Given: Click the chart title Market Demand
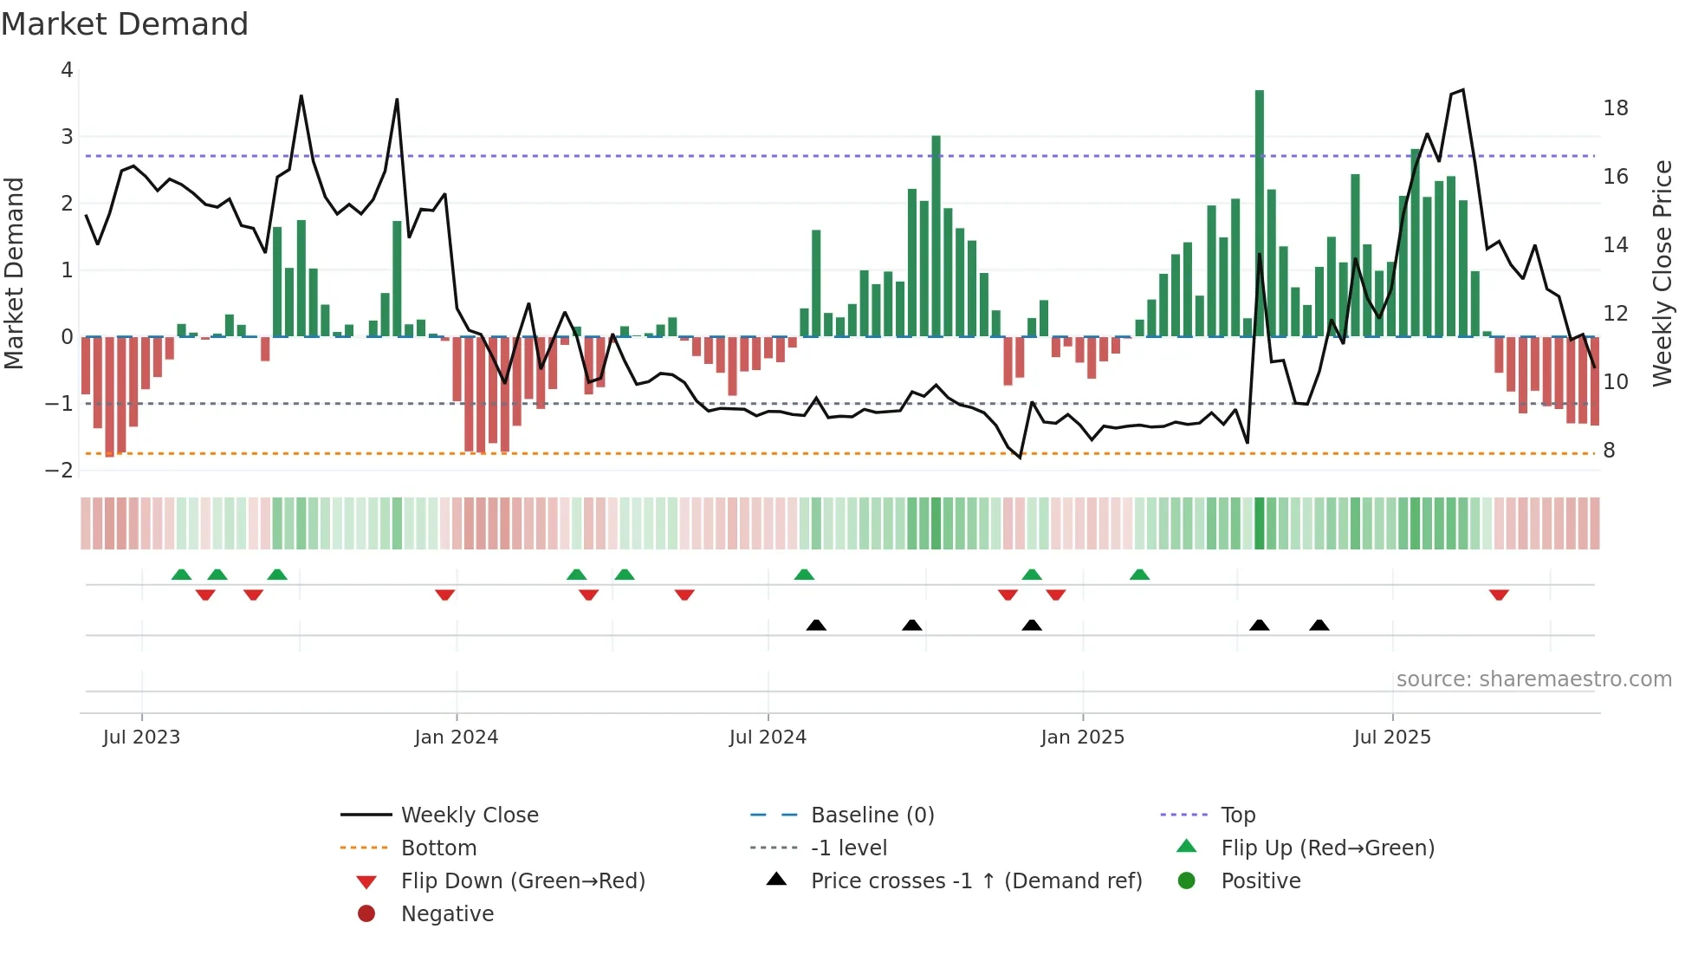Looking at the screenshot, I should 125,24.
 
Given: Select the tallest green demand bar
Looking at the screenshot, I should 1259,212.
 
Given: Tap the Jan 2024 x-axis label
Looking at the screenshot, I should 456,737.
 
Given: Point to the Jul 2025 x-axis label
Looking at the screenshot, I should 1391,737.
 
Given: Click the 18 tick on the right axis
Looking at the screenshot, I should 1615,108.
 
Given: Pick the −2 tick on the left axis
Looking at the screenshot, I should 60,470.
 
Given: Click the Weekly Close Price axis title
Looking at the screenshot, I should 1661,273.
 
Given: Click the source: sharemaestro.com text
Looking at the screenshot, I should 1533,679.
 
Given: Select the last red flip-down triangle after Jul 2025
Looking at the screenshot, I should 1499,594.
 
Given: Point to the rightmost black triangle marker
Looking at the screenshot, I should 1319,626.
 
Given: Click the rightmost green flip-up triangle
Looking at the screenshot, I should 1139,575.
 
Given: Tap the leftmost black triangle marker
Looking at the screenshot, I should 815,626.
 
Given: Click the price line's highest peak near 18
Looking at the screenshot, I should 1462,90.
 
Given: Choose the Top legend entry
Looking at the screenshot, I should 1237,815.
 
